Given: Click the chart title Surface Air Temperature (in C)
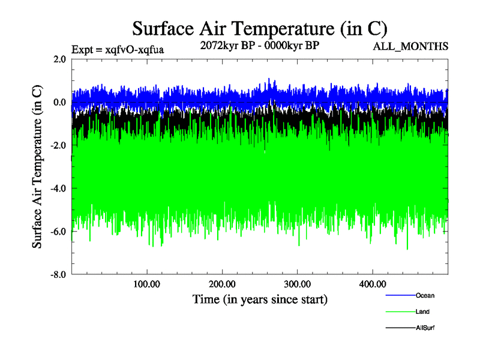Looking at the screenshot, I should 260,28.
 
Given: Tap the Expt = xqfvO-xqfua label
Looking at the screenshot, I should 118,50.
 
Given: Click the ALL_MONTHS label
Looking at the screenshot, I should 411,46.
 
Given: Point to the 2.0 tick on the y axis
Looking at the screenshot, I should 59,59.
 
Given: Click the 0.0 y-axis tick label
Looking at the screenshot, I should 59,103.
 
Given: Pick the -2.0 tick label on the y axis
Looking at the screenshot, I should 58,146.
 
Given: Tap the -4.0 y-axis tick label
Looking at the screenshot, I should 58,189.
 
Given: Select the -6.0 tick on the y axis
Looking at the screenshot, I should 58,232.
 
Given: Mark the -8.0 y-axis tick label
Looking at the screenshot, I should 58,275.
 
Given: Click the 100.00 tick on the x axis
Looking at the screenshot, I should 146,284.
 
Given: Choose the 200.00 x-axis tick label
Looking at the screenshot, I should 222,284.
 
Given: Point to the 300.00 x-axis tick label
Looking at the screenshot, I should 297,284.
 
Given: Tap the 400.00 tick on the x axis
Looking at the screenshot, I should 372,284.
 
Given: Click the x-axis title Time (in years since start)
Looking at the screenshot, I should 260,298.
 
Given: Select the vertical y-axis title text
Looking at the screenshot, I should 37,167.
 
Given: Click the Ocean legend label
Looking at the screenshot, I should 425,295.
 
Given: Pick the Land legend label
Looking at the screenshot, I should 422,312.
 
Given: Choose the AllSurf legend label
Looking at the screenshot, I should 425,328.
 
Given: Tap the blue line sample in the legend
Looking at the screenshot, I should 400,295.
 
